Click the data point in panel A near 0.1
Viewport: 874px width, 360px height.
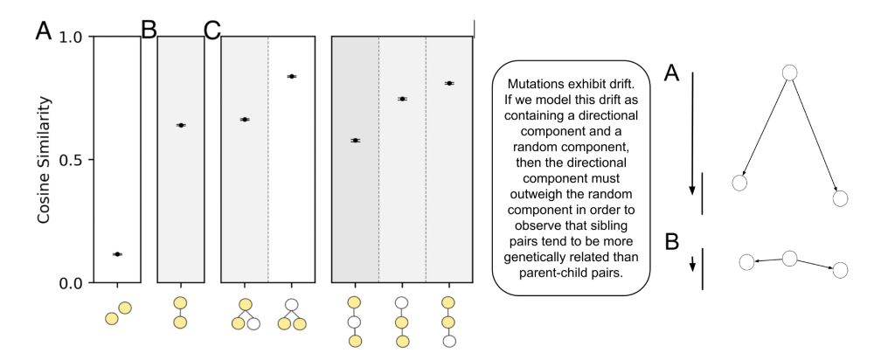click(x=117, y=254)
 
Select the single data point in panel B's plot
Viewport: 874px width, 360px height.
click(x=180, y=125)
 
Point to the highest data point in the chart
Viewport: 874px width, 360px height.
click(x=292, y=76)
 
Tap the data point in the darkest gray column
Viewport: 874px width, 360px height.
click(x=355, y=140)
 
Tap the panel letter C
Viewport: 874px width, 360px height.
click(x=212, y=31)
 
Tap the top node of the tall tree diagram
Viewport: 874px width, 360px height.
click(x=789, y=73)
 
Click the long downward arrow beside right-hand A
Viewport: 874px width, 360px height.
click(x=692, y=131)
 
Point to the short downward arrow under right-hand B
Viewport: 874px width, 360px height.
click(x=692, y=262)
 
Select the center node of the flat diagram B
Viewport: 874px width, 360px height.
click(x=789, y=258)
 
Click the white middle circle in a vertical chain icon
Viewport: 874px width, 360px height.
click(x=355, y=322)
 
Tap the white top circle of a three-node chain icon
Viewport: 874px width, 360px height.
click(x=402, y=302)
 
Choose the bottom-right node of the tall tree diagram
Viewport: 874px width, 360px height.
click(x=841, y=198)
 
